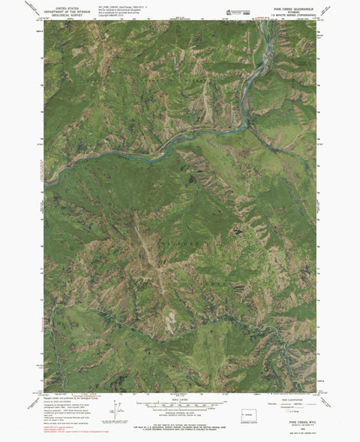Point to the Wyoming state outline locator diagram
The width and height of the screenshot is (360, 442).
pyautogui.click(x=248, y=414)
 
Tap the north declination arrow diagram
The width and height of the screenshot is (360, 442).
pyautogui.click(x=113, y=411)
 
